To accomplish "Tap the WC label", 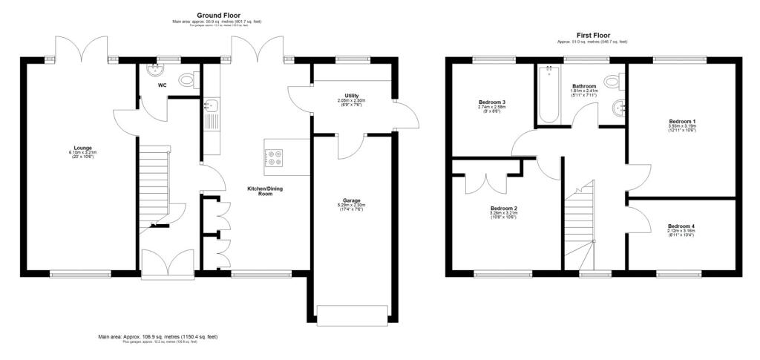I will click(162, 85).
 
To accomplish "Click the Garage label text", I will click(352, 200).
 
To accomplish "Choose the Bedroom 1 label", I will click(682, 122).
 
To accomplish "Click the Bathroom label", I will click(584, 86).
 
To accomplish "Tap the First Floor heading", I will click(593, 35).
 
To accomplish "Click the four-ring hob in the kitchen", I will click(273, 157).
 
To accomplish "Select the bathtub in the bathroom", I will click(548, 93).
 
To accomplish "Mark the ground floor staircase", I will click(154, 186).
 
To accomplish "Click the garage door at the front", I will click(352, 314).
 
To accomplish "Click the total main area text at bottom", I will click(158, 337).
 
